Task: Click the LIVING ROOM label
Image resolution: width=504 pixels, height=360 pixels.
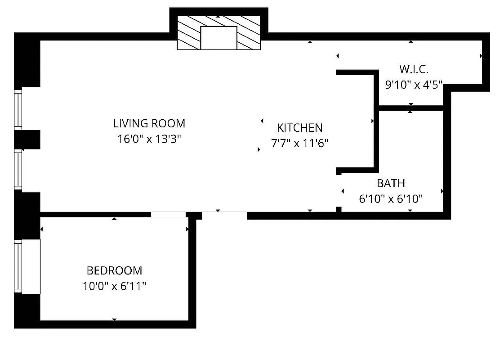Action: click(x=149, y=123)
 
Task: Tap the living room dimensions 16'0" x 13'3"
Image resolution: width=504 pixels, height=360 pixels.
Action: click(x=149, y=139)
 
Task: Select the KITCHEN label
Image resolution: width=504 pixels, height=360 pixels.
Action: click(x=299, y=127)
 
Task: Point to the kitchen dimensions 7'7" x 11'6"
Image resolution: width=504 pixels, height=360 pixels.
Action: click(x=299, y=144)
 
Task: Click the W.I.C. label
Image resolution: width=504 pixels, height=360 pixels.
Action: click(x=414, y=69)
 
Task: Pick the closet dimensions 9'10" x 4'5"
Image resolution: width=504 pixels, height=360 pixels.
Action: click(x=414, y=85)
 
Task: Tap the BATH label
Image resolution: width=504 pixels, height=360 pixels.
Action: click(x=391, y=183)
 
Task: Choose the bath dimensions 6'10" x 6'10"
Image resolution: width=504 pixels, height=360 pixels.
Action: click(x=391, y=199)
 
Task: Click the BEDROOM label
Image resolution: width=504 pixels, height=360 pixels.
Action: click(x=114, y=270)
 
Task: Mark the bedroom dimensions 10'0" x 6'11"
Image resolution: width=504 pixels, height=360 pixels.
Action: click(x=114, y=286)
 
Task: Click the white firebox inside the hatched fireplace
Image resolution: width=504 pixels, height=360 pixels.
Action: click(x=219, y=38)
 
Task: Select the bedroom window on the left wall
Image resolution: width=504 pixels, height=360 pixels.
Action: click(x=18, y=266)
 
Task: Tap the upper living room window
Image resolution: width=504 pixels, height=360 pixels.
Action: click(x=18, y=110)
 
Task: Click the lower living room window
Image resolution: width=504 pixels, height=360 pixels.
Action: click(x=18, y=169)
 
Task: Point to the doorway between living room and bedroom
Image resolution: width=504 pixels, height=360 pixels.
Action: click(x=168, y=215)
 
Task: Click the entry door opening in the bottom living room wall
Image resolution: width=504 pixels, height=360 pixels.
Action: click(x=224, y=215)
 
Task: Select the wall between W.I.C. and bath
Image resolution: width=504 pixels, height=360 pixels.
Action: click(x=411, y=108)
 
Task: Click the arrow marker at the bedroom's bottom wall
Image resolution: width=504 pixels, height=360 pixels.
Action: click(x=114, y=319)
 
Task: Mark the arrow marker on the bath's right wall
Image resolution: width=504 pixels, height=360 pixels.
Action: click(x=442, y=191)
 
